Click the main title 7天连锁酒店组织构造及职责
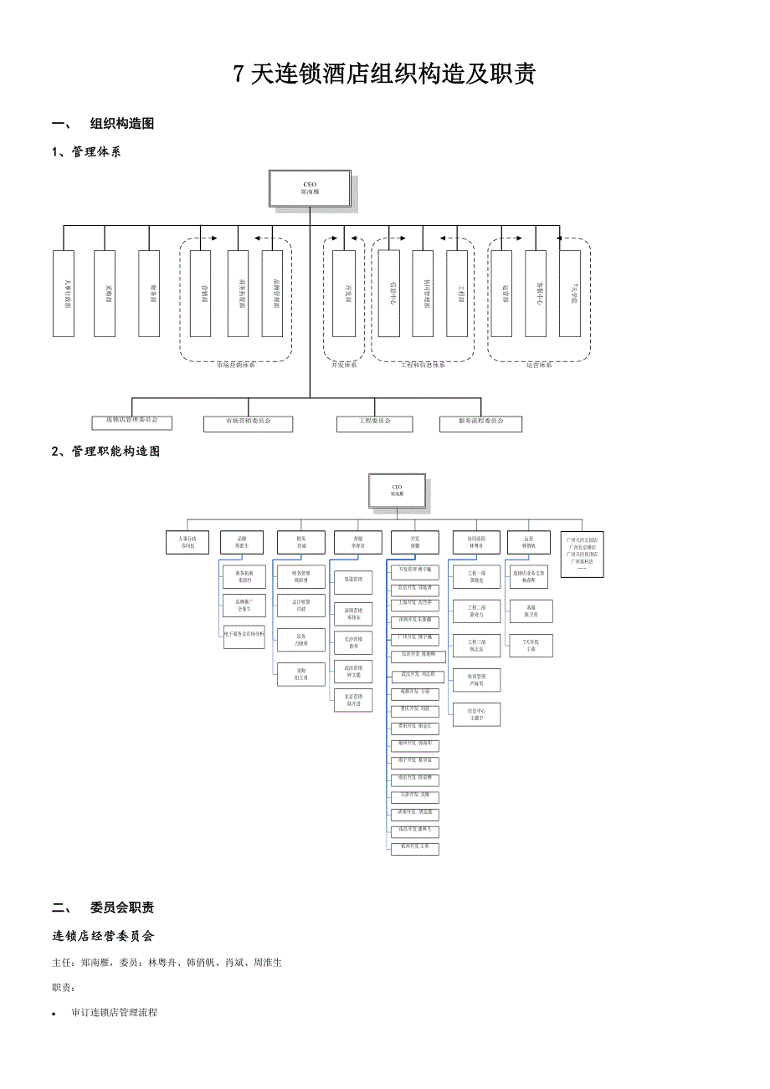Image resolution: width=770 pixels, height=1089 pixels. [x=384, y=75]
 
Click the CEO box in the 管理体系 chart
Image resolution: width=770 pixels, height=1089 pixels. [x=310, y=188]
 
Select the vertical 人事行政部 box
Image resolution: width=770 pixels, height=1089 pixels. [x=64, y=294]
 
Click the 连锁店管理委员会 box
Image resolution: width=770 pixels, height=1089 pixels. [x=131, y=422]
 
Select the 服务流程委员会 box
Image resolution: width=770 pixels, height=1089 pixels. [x=480, y=424]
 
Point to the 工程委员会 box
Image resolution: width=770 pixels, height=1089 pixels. [x=374, y=424]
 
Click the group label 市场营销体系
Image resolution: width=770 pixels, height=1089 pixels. [x=236, y=365]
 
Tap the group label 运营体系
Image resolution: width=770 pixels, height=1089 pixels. [x=540, y=365]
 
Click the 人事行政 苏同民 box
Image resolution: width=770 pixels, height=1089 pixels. [x=187, y=543]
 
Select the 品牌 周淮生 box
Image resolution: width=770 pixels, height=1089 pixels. [x=241, y=543]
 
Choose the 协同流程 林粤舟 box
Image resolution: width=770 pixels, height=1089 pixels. [x=475, y=543]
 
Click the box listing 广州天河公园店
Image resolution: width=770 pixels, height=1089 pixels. [x=582, y=553]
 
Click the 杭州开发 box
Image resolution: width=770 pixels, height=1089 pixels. [x=415, y=849]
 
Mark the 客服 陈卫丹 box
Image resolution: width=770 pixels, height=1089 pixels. [x=531, y=611]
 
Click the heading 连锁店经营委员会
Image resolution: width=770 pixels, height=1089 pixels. [x=103, y=935]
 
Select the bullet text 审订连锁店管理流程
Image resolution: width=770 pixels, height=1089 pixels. [x=115, y=1012]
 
